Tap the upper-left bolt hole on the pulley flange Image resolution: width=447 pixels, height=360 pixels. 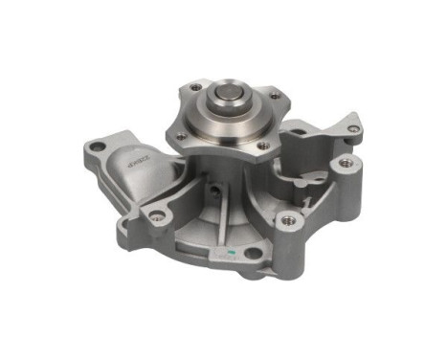tap(195, 86)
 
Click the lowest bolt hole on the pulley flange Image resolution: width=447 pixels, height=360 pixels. tap(263, 146)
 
